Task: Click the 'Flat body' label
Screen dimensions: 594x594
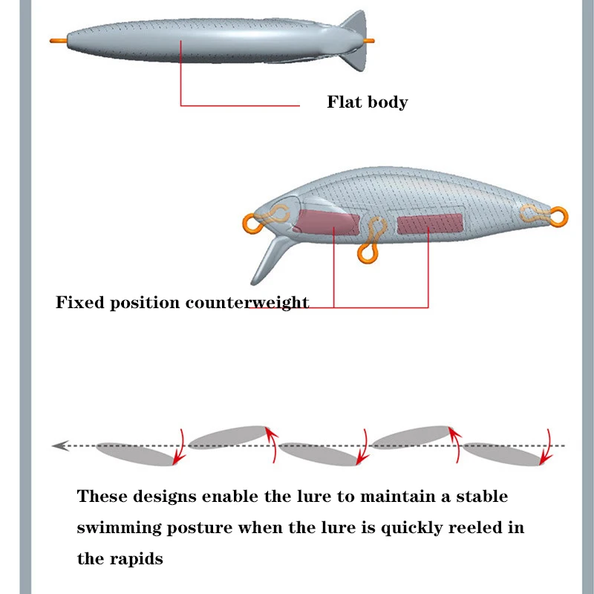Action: pyautogui.click(x=368, y=102)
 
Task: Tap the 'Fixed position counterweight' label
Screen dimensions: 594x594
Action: pyautogui.click(x=183, y=303)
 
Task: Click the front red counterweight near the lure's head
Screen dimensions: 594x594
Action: pyautogui.click(x=327, y=222)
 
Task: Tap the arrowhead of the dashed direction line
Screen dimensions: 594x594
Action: pyautogui.click(x=59, y=446)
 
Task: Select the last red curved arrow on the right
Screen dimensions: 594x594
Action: pyautogui.click(x=547, y=447)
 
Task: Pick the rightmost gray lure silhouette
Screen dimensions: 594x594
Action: pyautogui.click(x=503, y=454)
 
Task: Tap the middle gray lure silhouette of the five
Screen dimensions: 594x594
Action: pyautogui.click(x=319, y=454)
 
